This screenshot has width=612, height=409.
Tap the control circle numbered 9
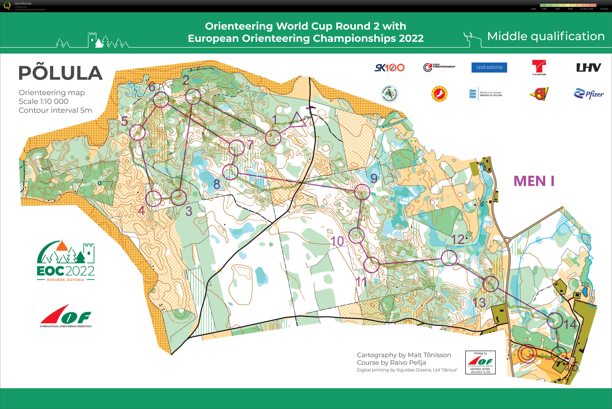pyautogui.click(x=362, y=192)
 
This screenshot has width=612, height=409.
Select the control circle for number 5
pyautogui.click(x=137, y=132)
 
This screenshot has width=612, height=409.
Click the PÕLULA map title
pyautogui.click(x=61, y=73)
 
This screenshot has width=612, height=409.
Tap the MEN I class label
pyautogui.click(x=534, y=181)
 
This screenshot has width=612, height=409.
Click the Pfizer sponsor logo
pyautogui.click(x=589, y=94)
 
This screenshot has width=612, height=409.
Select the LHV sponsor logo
pyautogui.click(x=588, y=67)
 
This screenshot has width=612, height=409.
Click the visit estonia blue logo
pyautogui.click(x=489, y=67)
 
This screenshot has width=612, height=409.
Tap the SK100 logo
pyautogui.click(x=389, y=67)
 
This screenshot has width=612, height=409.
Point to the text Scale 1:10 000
pyautogui.click(x=43, y=102)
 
